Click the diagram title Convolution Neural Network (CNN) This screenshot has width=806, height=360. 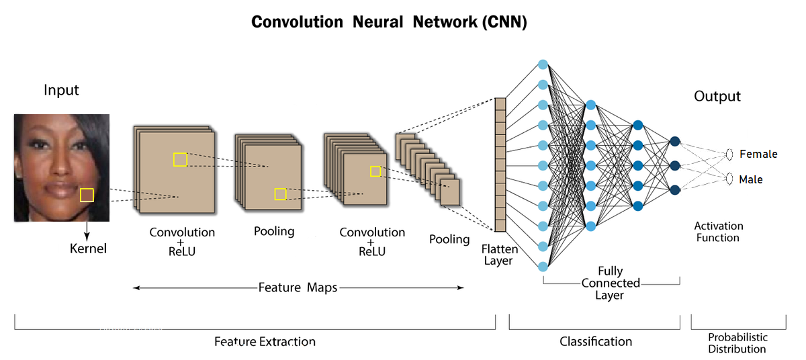(x=389, y=21)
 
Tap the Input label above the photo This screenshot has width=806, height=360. (x=61, y=90)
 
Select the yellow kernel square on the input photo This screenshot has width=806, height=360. (x=87, y=195)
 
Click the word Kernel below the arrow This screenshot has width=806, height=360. (x=88, y=249)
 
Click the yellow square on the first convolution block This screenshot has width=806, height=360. (x=180, y=159)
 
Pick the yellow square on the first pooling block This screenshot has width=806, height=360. (x=280, y=194)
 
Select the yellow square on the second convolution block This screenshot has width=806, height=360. (x=375, y=171)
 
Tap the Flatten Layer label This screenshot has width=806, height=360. (x=498, y=255)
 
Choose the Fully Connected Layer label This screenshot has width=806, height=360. (x=611, y=283)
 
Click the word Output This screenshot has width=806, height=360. (x=717, y=97)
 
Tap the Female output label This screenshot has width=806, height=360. (x=758, y=154)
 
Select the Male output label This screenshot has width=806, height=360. (x=751, y=180)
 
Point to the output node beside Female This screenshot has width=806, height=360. (x=729, y=154)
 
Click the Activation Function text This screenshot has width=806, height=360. (x=718, y=232)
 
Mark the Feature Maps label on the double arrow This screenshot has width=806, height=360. (x=298, y=287)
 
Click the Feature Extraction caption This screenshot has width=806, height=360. (x=265, y=341)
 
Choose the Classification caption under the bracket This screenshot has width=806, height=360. (x=596, y=341)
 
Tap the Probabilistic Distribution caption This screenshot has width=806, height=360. (x=737, y=343)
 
